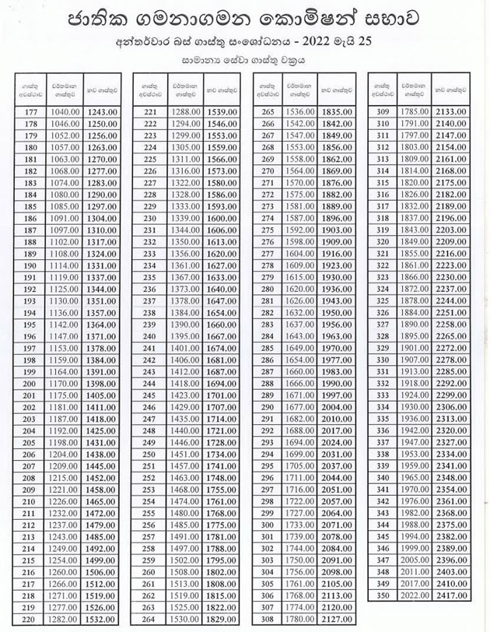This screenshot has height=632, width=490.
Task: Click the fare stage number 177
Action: point(31,112)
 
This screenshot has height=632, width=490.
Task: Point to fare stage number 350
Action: point(382,595)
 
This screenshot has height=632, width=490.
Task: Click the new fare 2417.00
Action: point(450,595)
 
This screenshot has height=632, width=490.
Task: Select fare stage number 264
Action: point(150,619)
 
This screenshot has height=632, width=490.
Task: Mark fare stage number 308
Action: point(268,619)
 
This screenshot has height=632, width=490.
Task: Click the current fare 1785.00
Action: point(413,112)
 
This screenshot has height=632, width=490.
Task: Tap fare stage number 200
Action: point(31,383)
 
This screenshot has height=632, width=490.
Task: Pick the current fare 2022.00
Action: point(413,595)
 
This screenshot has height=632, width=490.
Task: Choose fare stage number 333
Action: point(382,395)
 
